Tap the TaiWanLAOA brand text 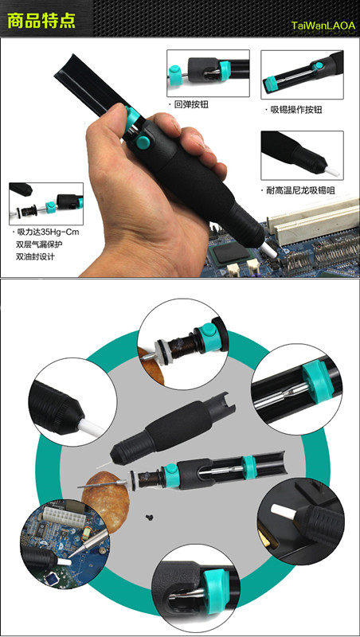(x=323, y=25)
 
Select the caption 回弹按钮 (x=191, y=105)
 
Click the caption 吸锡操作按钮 (x=296, y=110)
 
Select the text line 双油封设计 (x=35, y=256)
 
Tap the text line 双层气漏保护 (x=39, y=244)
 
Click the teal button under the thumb (x=143, y=142)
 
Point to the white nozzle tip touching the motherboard (x=269, y=250)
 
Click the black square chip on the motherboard (x=230, y=252)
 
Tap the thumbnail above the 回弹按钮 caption (x=208, y=73)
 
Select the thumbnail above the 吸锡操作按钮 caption (x=302, y=75)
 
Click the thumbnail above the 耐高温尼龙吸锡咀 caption (x=302, y=155)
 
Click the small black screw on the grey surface (x=148, y=516)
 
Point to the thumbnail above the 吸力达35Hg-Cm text (x=46, y=204)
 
